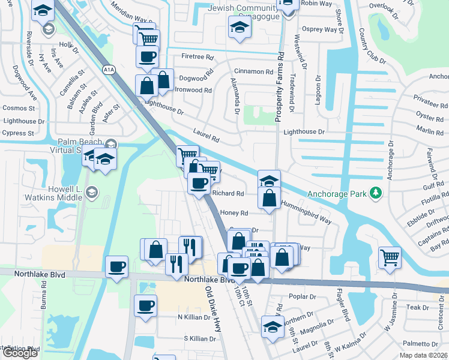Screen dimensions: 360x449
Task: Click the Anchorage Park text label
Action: (337, 194)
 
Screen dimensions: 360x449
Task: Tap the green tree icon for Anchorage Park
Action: (376, 193)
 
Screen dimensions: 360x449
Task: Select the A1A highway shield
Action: (109, 70)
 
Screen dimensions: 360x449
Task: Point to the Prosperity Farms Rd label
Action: (279, 88)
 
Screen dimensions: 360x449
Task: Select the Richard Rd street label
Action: (228, 194)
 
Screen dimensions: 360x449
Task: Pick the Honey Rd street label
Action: (234, 213)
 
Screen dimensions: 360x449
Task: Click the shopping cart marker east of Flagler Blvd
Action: (390, 257)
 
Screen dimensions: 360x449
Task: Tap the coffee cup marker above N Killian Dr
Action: (145, 305)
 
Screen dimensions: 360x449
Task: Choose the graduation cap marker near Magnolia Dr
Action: (273, 328)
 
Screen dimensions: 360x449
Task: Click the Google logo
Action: (20, 353)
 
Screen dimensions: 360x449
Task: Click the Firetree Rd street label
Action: (197, 58)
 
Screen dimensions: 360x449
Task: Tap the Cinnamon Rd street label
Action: (254, 72)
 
